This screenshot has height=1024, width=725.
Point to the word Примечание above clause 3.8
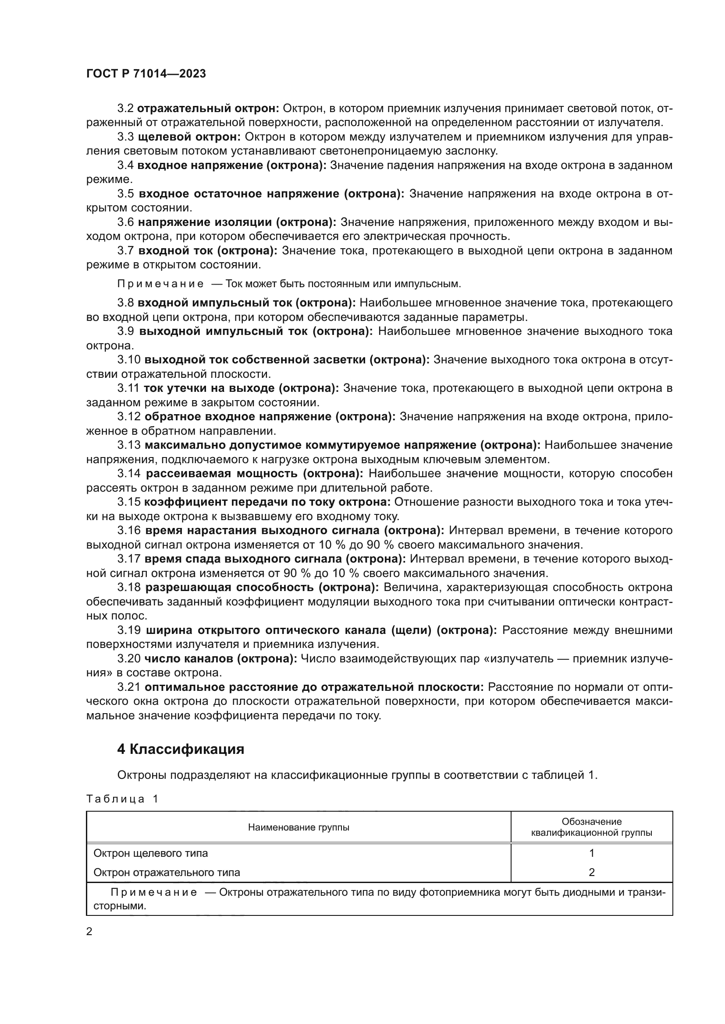coord(160,284)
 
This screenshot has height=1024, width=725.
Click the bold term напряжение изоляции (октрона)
coord(237,222)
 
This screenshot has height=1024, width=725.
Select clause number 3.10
coord(128,359)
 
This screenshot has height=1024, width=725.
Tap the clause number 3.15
coord(128,502)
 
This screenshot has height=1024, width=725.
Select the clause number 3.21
coord(128,687)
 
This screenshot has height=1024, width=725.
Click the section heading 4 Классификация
coord(180,749)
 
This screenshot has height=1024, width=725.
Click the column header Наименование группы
coord(298,828)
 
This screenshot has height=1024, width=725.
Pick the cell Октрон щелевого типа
coord(150,853)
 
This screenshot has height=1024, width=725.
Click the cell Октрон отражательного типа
coord(167,873)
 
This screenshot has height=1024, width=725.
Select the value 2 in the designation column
coord(591,873)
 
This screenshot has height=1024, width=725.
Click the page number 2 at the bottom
coord(89,931)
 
